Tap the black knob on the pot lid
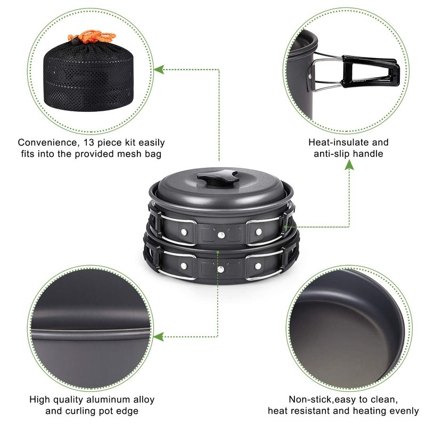[218, 177]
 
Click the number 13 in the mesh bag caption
[89, 143]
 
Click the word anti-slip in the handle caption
[331, 154]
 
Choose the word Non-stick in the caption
[310, 399]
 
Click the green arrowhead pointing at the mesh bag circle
[159, 70]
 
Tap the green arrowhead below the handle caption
[349, 165]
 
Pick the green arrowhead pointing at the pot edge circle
[158, 337]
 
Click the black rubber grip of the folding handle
[371, 71]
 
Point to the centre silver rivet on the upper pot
[221, 235]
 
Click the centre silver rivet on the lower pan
[220, 269]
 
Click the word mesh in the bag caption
[129, 154]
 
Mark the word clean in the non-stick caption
[384, 400]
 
